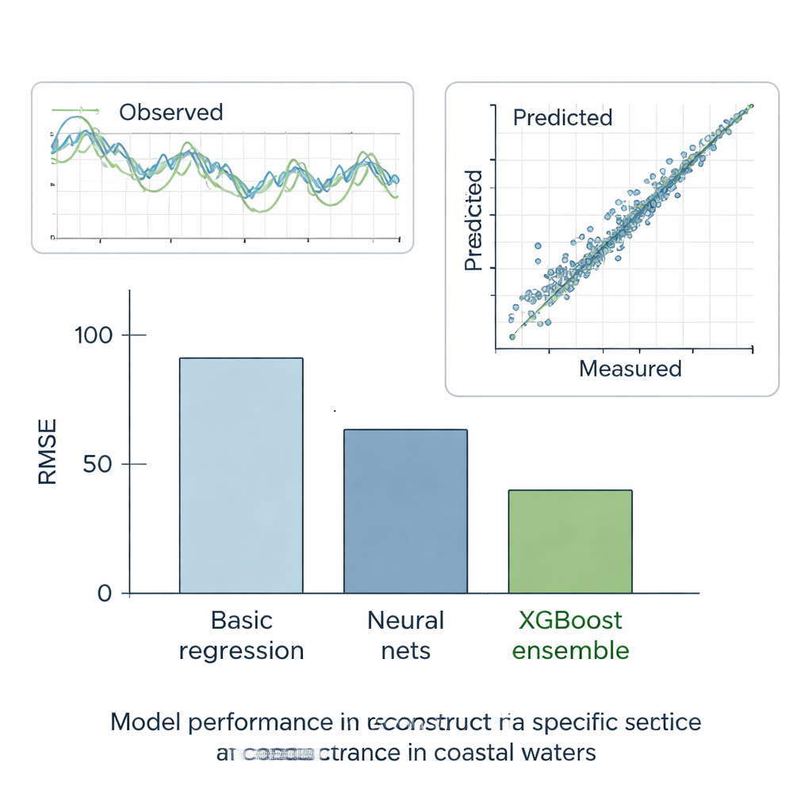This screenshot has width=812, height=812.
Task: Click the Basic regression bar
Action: point(240,476)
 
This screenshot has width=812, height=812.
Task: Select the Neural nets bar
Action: point(405,511)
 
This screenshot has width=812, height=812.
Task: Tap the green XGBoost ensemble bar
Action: point(569,542)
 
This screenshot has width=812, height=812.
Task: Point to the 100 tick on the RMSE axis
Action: point(94,335)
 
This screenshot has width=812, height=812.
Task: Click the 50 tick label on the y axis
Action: point(98,464)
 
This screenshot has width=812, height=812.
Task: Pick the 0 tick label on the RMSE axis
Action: point(105,593)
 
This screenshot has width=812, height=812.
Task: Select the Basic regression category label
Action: point(241,635)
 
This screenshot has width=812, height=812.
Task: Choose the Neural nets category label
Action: point(405,635)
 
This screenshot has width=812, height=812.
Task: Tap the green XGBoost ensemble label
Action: point(570,635)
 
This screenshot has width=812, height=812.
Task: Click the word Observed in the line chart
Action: point(170,113)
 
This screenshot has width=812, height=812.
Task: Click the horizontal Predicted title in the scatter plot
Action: point(562,118)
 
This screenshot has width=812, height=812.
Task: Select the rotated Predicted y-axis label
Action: point(473,220)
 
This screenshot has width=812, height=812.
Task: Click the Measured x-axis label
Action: point(630,369)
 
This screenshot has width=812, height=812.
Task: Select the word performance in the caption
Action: point(262,723)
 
